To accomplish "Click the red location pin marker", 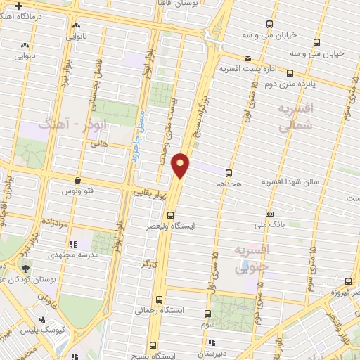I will pos(181,165).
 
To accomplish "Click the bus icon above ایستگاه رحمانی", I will pos(159,298).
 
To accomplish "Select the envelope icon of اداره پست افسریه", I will pos(247,58).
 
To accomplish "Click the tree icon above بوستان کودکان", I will pos(27,268).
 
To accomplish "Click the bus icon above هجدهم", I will pos(229,172).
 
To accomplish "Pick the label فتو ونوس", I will pos(77,191).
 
